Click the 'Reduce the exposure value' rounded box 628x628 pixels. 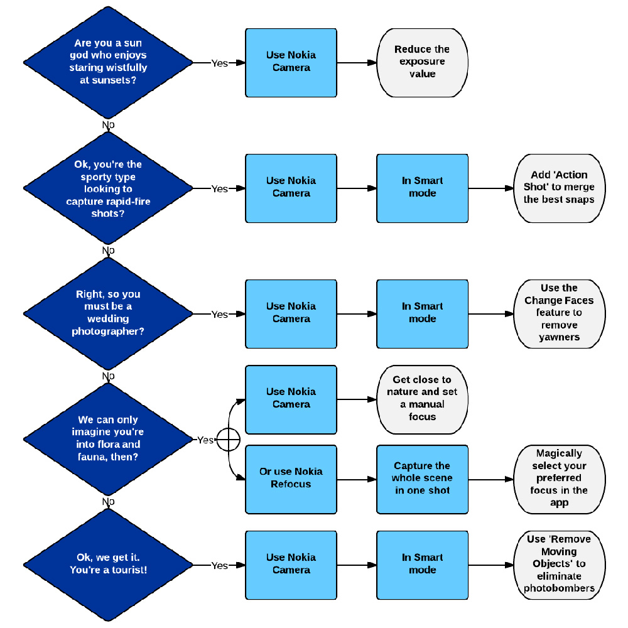point(422,62)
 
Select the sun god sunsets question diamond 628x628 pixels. point(108,62)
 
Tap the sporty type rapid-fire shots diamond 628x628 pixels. point(108,188)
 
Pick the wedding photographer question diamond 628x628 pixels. point(108,313)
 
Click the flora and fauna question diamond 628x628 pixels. point(108,439)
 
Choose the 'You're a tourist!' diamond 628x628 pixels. point(108,565)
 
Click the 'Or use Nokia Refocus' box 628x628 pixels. point(291,478)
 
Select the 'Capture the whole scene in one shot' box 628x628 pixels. point(422,478)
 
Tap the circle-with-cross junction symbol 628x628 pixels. point(228,440)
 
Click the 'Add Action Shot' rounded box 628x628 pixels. point(559,187)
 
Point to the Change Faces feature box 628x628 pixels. point(559,313)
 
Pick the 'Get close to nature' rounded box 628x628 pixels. point(422,398)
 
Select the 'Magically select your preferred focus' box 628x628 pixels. point(559,478)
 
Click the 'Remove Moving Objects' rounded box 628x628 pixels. point(559,564)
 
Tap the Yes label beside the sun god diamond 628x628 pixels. point(219,63)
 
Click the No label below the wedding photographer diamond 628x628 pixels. point(108,376)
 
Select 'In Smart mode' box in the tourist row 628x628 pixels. point(422,564)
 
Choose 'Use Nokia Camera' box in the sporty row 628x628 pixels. point(291,187)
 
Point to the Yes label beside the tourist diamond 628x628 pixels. point(219,565)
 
